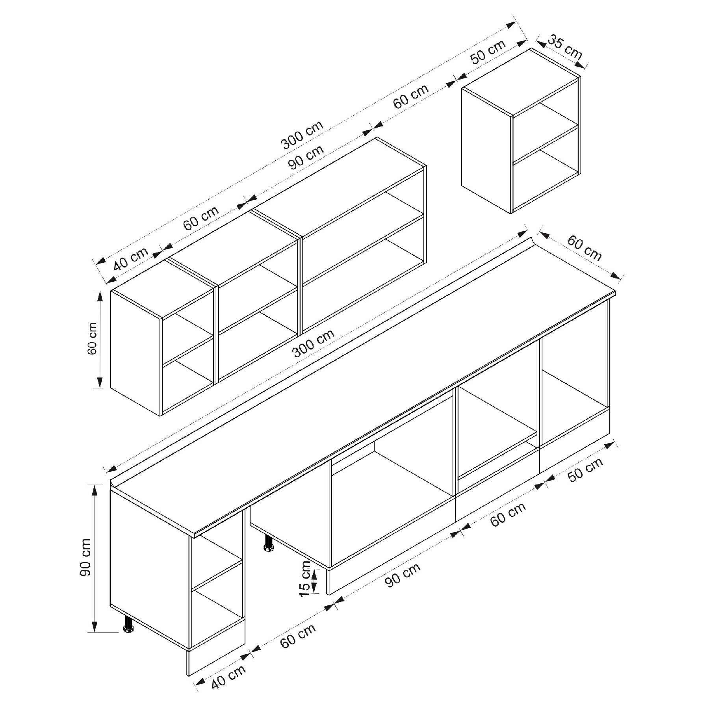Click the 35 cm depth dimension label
click(x=564, y=47)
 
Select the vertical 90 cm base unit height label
click(x=85, y=558)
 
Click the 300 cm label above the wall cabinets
click(x=302, y=135)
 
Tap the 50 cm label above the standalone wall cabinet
click(x=488, y=52)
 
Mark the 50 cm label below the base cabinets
click(x=586, y=470)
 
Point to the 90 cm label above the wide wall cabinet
click(x=306, y=157)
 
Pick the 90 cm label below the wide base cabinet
click(x=403, y=575)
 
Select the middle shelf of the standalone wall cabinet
click(x=546, y=144)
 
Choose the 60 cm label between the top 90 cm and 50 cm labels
click(x=411, y=97)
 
